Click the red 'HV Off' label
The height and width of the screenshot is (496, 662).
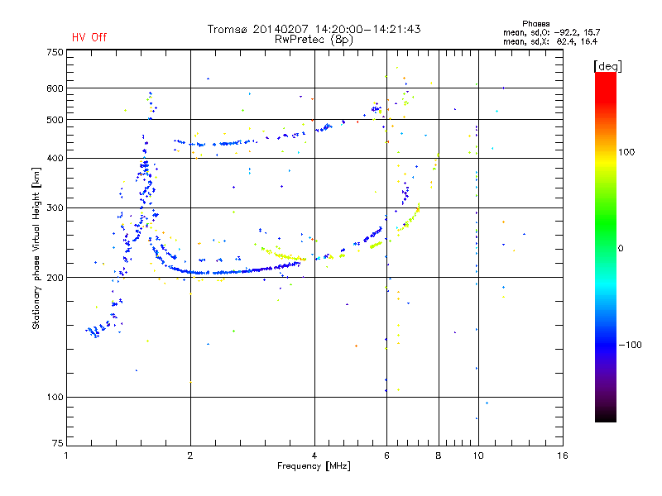coord(89,37)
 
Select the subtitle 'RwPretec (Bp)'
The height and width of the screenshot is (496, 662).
coord(314,39)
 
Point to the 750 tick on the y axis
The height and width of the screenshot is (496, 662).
coord(55,51)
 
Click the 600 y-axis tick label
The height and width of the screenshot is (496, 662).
coord(55,88)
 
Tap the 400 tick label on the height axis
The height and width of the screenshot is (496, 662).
coord(55,158)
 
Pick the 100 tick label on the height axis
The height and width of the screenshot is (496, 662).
coord(55,398)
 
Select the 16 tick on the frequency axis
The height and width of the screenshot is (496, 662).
coord(563,455)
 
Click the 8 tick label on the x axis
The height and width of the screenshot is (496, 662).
coord(439,455)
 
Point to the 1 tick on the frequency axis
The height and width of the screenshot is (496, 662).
coord(66,455)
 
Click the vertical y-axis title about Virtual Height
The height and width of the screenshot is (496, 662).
coord(36,248)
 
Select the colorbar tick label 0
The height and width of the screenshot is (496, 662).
coord(621,248)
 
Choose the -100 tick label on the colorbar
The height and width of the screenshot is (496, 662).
coord(631,345)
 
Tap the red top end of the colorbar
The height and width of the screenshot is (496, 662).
coord(605,76)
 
